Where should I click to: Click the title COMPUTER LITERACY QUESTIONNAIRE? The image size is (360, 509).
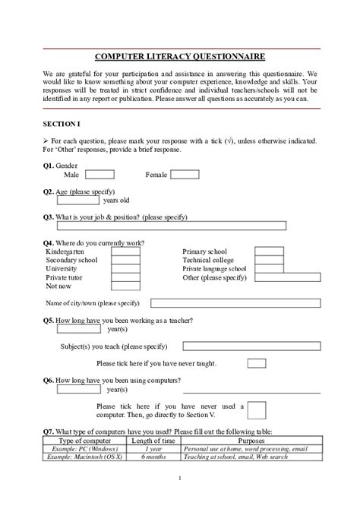[x=180, y=57]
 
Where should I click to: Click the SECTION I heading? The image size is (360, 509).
[x=61, y=123]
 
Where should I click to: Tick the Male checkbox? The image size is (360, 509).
[x=100, y=175]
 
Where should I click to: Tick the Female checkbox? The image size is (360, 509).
[x=185, y=175]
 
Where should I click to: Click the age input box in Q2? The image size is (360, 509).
[x=79, y=201]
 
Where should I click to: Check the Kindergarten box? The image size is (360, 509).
[x=126, y=251]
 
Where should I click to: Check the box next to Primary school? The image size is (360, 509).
[x=268, y=251]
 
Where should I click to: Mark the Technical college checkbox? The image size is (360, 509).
[x=268, y=260]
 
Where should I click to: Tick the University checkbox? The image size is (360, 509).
[x=126, y=269]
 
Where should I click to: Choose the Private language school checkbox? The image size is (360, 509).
[x=268, y=269]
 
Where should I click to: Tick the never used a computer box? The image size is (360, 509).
[x=257, y=411]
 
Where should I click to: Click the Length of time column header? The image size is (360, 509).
[x=153, y=441]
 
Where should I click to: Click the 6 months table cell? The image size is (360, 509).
[x=153, y=457]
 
